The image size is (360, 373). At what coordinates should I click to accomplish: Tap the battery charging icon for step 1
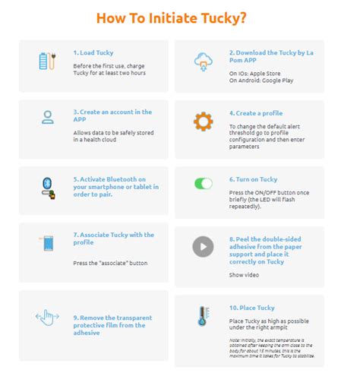point(47,62)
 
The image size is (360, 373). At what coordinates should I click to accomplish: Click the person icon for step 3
point(47,117)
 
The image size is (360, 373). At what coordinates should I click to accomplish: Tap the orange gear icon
point(203,122)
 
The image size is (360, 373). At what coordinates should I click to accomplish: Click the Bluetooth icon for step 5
point(47,185)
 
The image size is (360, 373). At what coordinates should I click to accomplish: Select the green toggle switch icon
point(203,183)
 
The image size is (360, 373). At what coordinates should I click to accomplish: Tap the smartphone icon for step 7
point(47,244)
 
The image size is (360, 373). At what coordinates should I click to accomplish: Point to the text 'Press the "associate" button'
point(110,263)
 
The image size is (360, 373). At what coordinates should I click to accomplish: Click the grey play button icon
point(203,246)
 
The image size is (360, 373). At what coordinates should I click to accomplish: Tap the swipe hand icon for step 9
point(47,316)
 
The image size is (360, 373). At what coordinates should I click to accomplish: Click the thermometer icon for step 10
point(203,316)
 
